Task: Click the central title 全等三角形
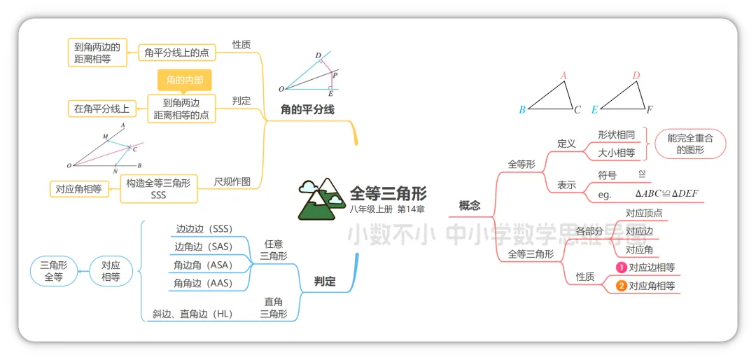[388, 193]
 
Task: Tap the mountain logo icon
[321, 198]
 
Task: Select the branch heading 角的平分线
[307, 109]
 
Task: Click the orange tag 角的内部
[184, 80]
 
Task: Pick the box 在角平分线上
[101, 109]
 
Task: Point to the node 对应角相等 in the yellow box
[78, 188]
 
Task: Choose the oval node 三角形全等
[54, 271]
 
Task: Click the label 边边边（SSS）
[204, 229]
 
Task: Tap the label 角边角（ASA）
[203, 265]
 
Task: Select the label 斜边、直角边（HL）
[192, 314]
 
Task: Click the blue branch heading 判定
[325, 282]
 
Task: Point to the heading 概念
[470, 205]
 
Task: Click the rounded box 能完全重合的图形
[690, 144]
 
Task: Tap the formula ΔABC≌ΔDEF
[666, 194]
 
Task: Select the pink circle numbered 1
[621, 267]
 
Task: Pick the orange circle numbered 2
[621, 286]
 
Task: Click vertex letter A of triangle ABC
[563, 76]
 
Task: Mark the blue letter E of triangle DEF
[594, 109]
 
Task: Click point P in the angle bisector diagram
[335, 75]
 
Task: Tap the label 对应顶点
[644, 213]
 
